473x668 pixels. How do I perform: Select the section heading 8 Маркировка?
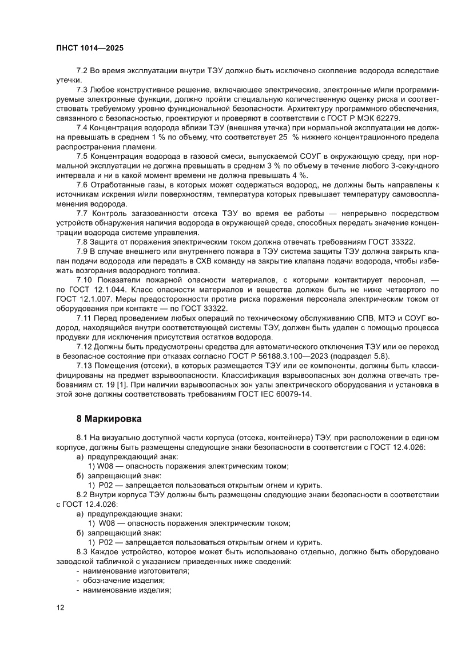tap(109, 418)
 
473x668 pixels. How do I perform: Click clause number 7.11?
tap(84, 317)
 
